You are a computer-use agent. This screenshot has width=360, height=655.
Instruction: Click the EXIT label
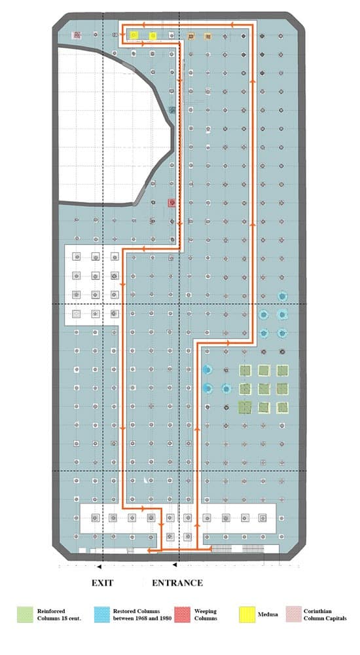(x=102, y=583)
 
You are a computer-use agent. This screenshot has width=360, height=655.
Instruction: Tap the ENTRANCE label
(x=177, y=583)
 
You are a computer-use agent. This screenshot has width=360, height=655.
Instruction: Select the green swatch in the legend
(x=25, y=614)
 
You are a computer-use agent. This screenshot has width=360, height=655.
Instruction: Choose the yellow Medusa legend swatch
(x=247, y=614)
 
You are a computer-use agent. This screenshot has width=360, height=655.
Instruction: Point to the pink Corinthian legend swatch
(x=294, y=614)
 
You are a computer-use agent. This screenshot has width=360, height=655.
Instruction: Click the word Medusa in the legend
(x=268, y=614)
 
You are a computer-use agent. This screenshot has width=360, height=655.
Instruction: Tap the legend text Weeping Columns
(x=206, y=614)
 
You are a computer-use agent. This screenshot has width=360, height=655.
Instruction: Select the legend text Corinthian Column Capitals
(x=325, y=614)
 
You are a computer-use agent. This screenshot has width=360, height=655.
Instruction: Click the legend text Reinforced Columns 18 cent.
(x=59, y=614)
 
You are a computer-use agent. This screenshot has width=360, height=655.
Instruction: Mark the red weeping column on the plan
(x=171, y=203)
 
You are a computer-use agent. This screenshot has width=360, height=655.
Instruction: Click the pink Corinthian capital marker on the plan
(x=77, y=35)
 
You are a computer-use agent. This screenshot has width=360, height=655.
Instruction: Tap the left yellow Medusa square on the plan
(x=134, y=35)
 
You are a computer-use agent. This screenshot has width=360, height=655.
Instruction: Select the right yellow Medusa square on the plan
(x=153, y=36)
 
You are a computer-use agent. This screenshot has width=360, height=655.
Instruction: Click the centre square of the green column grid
(x=264, y=389)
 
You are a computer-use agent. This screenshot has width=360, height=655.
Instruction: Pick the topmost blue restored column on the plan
(x=283, y=297)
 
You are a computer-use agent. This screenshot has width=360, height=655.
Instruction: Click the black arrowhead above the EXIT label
(x=99, y=567)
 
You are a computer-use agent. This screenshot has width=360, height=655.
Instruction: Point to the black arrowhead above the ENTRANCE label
(x=175, y=565)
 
